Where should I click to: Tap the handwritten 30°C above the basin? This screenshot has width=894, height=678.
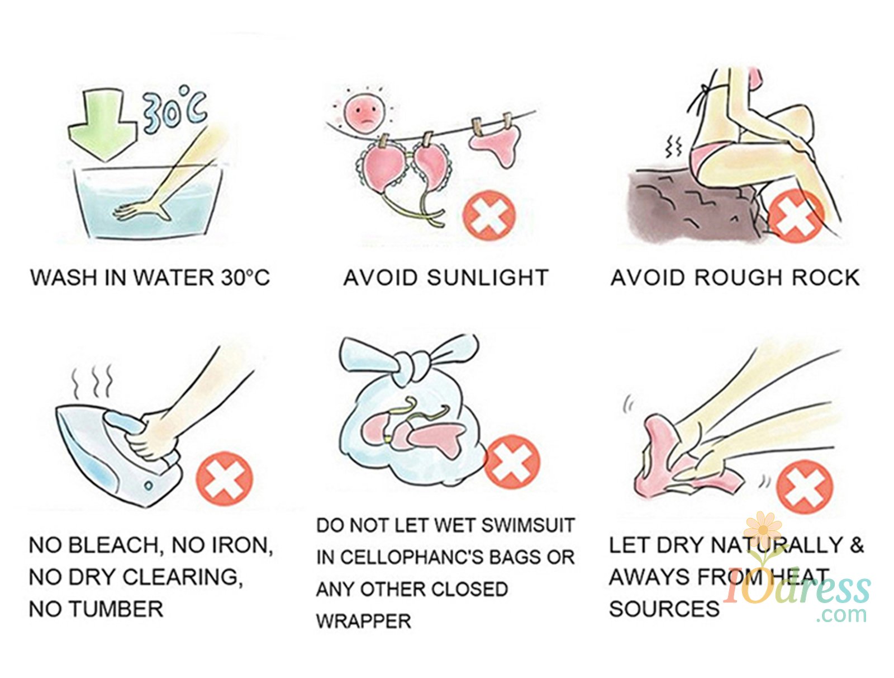[175, 107]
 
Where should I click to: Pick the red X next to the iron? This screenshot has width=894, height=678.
[224, 478]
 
